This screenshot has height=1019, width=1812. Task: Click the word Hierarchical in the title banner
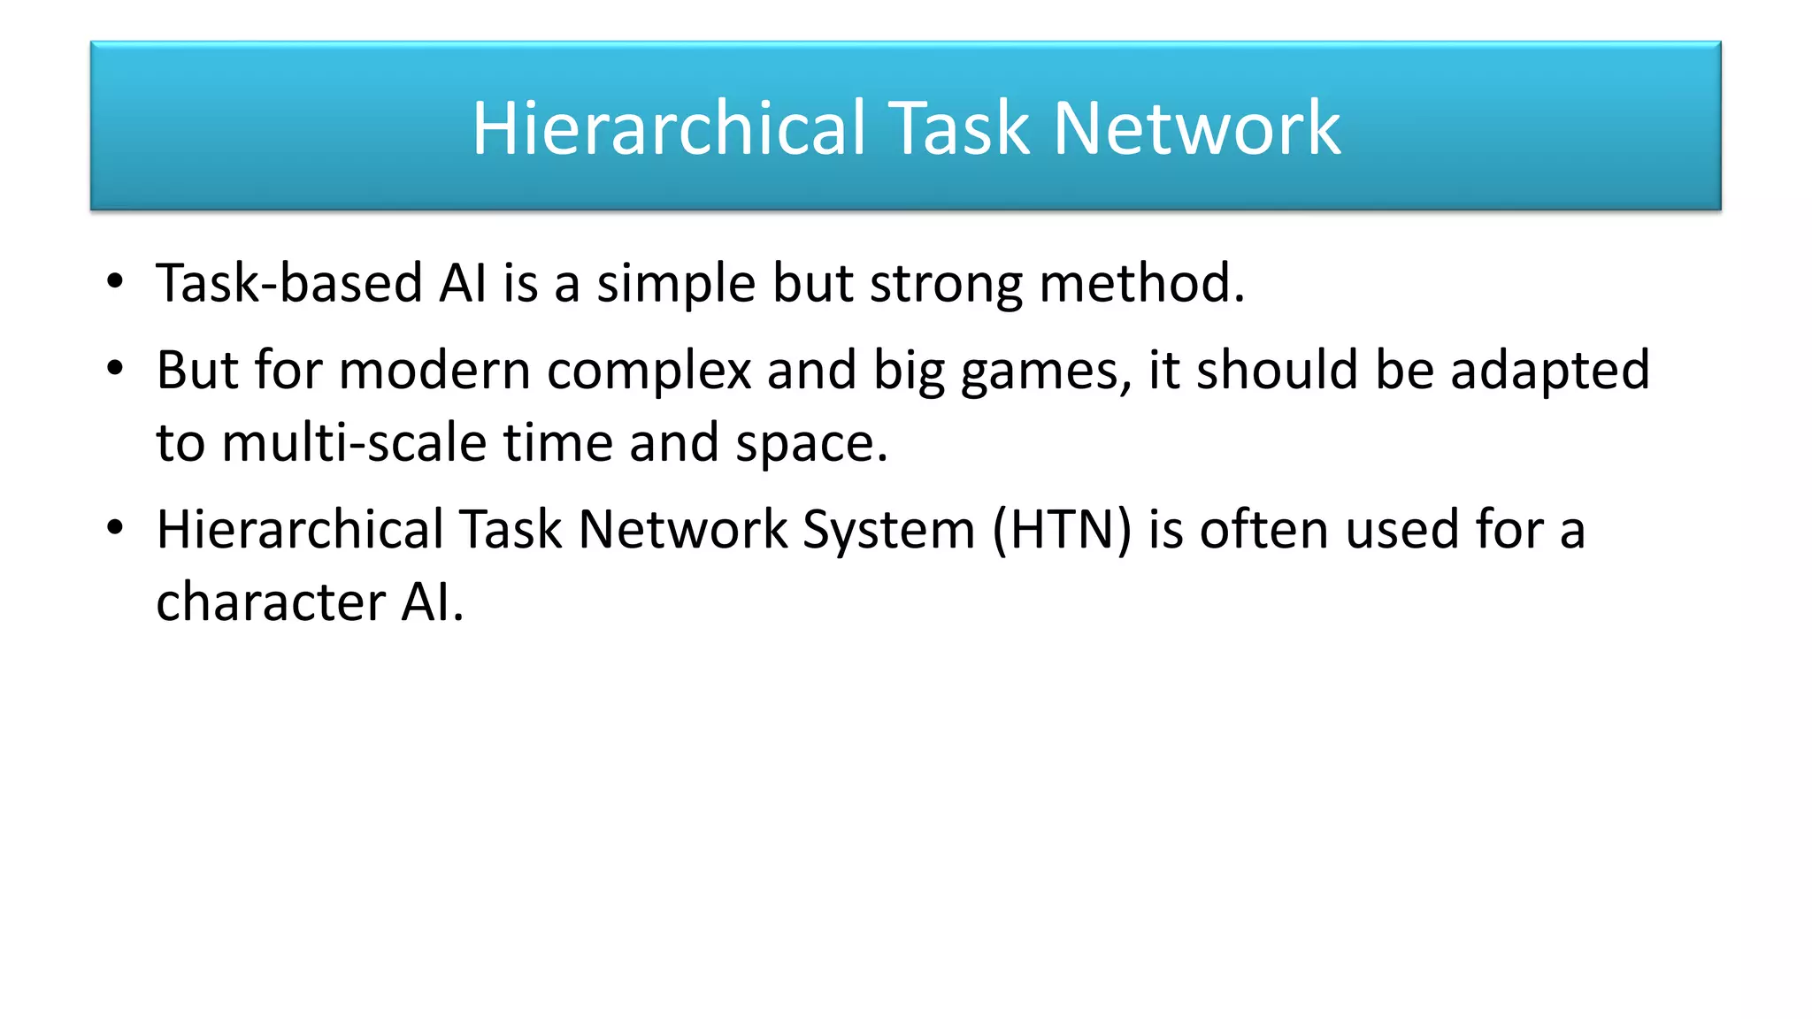669,128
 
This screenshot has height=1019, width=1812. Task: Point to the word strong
946,285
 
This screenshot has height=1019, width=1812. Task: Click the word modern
434,370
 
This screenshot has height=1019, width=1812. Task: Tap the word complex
649,372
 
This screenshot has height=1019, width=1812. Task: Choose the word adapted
1550,372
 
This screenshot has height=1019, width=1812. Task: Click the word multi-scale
354,442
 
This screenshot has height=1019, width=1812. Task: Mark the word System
888,531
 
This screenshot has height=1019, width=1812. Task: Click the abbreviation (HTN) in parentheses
1062,531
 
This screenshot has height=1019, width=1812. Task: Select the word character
271,602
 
